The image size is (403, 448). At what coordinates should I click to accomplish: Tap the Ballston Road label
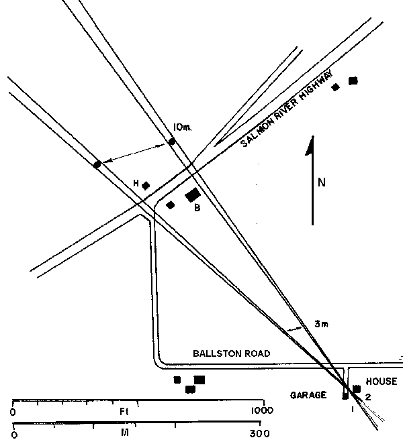[231, 353]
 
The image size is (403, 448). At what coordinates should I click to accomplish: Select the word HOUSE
[382, 382]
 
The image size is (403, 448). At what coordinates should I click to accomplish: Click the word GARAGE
[308, 395]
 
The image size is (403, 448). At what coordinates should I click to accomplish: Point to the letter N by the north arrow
[322, 182]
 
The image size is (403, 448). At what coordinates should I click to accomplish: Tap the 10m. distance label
[182, 127]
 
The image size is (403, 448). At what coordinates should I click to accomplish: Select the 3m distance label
[321, 325]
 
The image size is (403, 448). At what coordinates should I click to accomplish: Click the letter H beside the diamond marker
[136, 183]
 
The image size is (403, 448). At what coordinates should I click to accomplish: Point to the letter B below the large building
[197, 208]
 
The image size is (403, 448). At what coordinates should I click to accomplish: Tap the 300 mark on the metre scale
[251, 434]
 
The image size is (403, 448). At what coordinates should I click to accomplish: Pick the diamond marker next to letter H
[146, 185]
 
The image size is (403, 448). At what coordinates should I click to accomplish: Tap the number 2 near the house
[367, 397]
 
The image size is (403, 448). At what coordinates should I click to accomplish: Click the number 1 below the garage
[351, 408]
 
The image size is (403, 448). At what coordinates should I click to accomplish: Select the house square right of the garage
[357, 389]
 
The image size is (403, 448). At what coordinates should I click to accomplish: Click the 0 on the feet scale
[13, 410]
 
